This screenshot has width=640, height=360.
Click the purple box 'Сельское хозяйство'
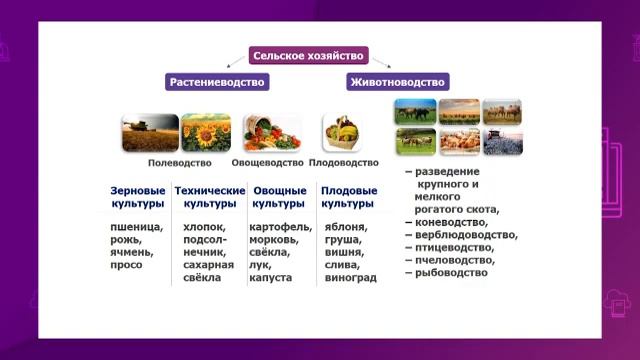[308, 56]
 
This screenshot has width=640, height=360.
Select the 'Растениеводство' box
[216, 82]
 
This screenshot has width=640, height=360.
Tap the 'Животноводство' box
[397, 82]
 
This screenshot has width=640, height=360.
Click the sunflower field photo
[206, 132]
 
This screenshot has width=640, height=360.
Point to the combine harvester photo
[150, 132]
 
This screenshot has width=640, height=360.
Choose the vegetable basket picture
[272, 132]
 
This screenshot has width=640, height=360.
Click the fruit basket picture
[341, 132]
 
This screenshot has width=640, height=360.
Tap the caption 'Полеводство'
[179, 162]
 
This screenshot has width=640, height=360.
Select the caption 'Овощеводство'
[267, 162]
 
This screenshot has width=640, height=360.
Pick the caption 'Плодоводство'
[344, 162]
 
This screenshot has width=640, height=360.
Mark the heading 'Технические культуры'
[209, 196]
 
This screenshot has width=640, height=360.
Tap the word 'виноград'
[350, 277]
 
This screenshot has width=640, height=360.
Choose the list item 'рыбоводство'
[451, 272]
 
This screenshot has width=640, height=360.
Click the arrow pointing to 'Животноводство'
[381, 64]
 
